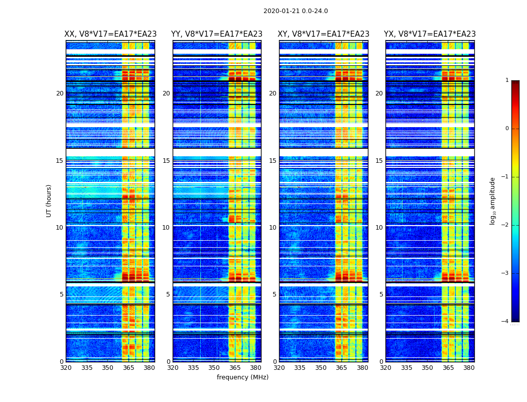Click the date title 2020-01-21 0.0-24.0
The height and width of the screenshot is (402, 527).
296,11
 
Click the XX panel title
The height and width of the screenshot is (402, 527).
110,34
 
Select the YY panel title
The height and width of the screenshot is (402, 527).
217,34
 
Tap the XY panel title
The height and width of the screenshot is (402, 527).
323,34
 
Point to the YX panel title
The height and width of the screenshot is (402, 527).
430,34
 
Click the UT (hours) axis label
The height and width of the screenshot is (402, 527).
49,200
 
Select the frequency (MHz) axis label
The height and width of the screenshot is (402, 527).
242,377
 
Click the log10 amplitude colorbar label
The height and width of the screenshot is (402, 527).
493,200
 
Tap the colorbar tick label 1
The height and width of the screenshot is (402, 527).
507,80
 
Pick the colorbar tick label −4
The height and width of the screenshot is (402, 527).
505,322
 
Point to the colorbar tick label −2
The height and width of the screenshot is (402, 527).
505,225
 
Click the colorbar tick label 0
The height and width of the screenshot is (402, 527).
507,129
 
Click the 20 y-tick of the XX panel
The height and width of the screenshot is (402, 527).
60,93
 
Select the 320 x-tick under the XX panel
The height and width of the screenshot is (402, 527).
66,368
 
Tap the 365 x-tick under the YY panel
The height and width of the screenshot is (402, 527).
235,368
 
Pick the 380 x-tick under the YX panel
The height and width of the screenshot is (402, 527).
469,368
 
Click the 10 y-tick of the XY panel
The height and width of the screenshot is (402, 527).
273,228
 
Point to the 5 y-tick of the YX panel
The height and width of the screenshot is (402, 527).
381,294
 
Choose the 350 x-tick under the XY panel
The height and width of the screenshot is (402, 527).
321,368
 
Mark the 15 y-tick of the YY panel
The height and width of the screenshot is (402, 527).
166,161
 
